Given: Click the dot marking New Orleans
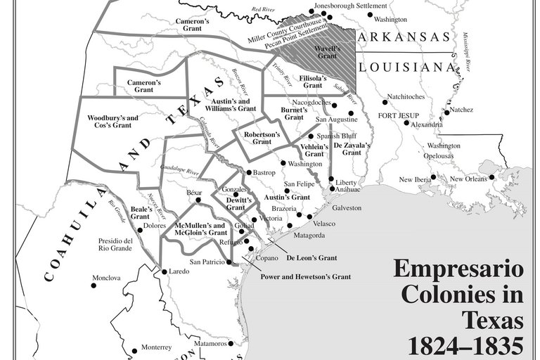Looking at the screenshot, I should tap(493, 176).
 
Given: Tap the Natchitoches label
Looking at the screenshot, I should tap(404, 96).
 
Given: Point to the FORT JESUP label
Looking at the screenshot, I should tap(398, 115).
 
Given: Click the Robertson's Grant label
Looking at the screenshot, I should tap(262, 137).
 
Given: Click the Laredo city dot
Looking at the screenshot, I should tap(164, 271).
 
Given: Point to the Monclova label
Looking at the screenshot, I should tap(106, 278).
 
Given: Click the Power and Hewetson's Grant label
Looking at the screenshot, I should tap(305, 276).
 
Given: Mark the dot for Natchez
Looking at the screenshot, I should tap(446, 112).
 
